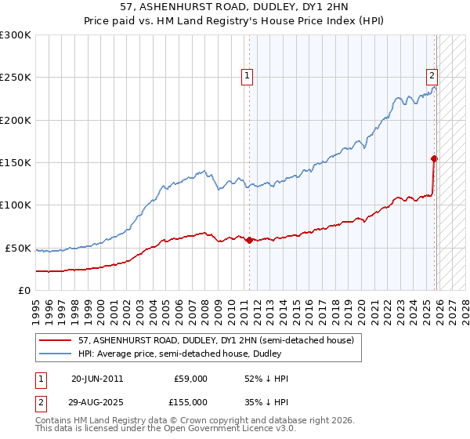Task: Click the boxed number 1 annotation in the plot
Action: click(247, 76)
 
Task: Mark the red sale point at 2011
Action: click(249, 240)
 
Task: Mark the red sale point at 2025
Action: click(435, 158)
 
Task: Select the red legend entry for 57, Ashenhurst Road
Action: click(215, 340)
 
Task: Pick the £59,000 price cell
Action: click(190, 379)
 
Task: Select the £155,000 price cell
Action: click(190, 402)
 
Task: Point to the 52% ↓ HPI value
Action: click(266, 379)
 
